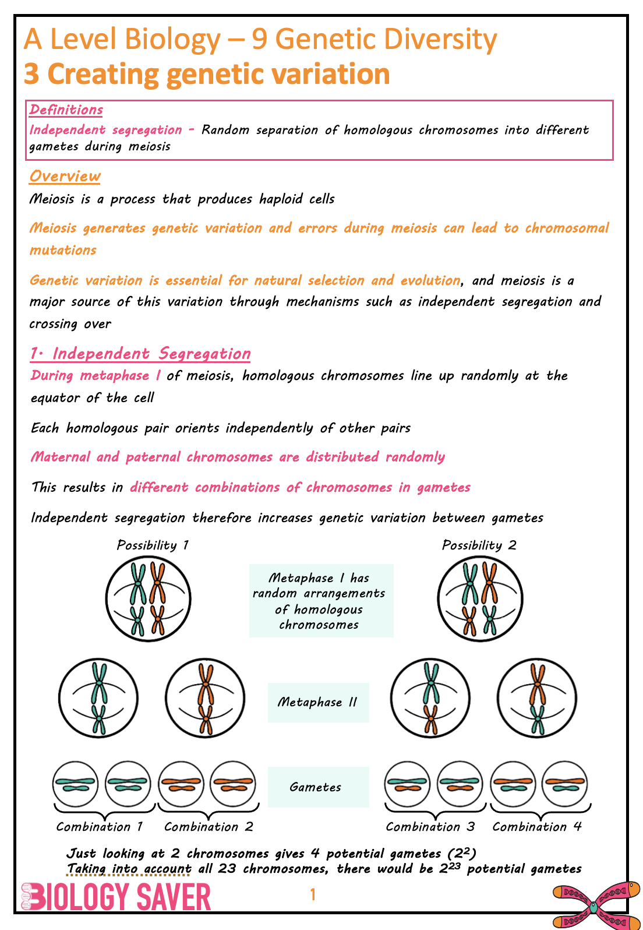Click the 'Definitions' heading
[66, 110]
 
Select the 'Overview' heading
[65, 176]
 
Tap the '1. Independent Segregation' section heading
[140, 354]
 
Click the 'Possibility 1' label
[153, 545]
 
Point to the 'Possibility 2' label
[479, 545]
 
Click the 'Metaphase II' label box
[318, 702]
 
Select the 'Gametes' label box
[318, 787]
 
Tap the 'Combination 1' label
[100, 827]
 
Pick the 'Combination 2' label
[209, 827]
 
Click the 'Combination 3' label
[430, 827]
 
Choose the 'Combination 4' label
[537, 827]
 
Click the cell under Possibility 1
[148, 599]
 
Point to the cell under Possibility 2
[480, 599]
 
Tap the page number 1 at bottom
[313, 894]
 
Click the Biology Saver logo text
[116, 897]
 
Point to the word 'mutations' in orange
[63, 251]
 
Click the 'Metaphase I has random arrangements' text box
[321, 601]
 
